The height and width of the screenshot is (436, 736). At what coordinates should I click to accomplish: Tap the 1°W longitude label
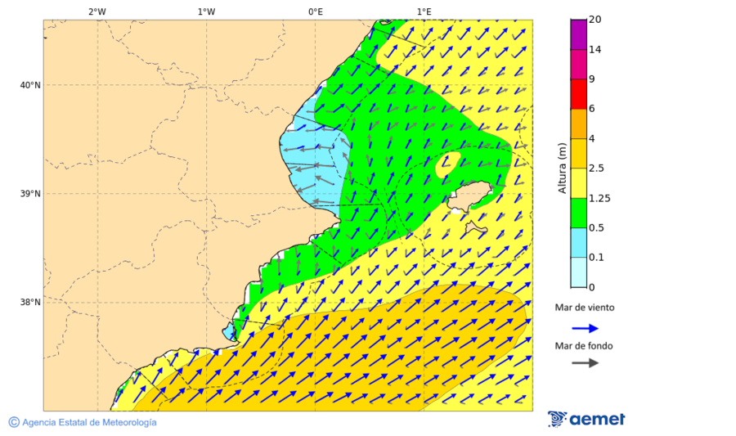206,11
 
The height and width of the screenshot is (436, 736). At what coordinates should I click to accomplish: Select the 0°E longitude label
315,11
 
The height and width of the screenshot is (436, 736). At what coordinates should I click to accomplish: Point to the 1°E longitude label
424,11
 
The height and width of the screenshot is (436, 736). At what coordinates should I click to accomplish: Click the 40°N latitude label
30,85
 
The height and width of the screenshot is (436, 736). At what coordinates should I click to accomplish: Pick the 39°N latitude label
30,194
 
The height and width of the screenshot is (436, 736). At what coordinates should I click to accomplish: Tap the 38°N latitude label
30,303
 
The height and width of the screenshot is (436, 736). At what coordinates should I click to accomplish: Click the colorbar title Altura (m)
562,168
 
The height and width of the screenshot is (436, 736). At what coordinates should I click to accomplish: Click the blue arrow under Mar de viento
585,328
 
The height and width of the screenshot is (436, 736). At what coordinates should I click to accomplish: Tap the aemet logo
586,419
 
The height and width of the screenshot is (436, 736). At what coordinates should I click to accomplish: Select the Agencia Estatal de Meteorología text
89,422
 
